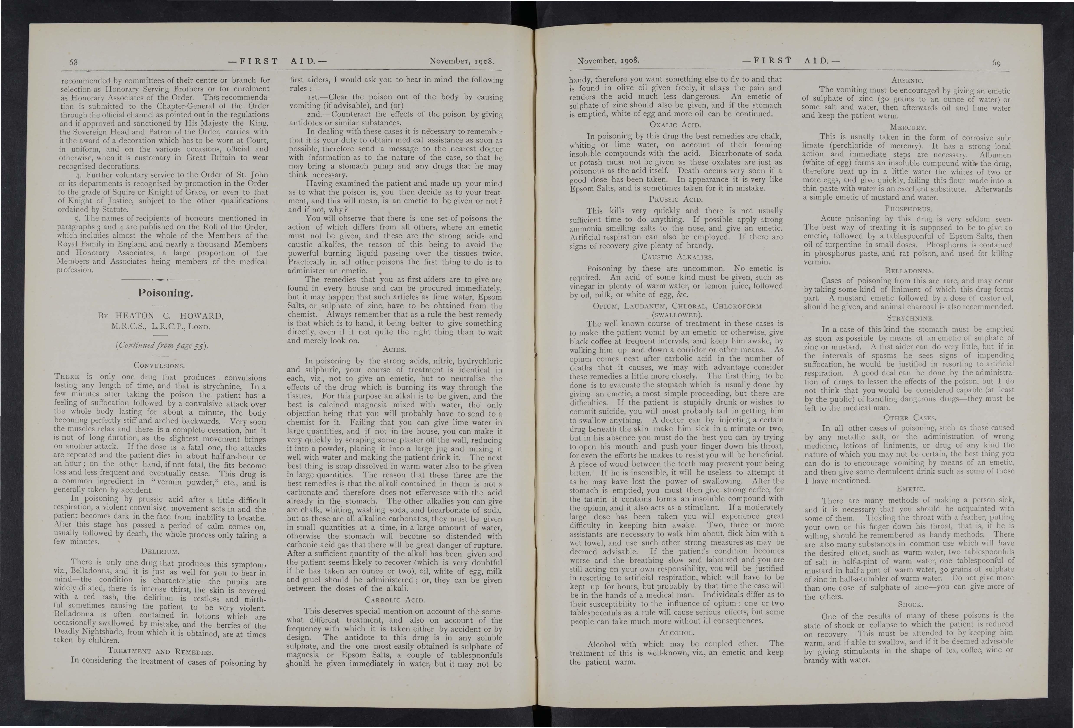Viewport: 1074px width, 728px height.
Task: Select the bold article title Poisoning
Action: (x=165, y=293)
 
